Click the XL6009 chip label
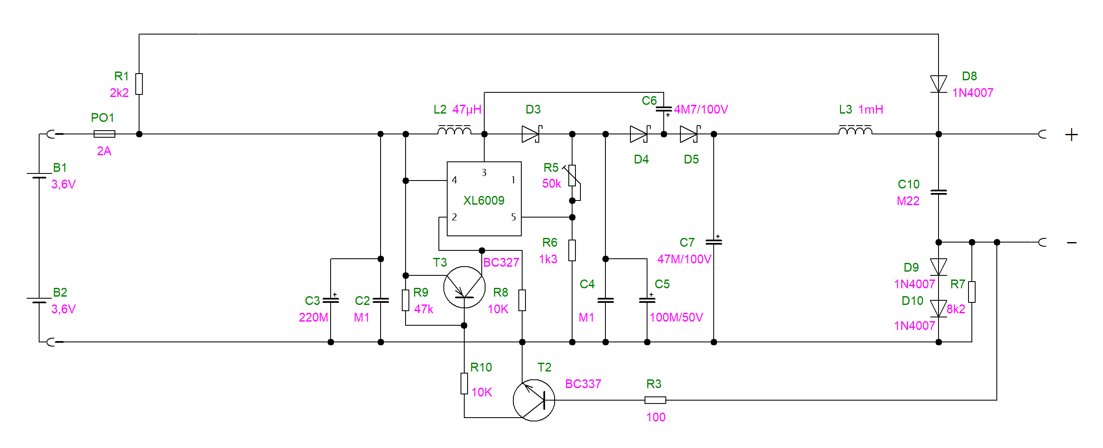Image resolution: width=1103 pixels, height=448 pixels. click(483, 200)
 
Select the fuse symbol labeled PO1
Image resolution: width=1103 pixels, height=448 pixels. click(104, 134)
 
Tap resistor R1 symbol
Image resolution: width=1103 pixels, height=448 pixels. click(139, 84)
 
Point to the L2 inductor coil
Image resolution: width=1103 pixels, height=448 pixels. click(454, 130)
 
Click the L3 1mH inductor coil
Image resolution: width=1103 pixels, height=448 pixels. click(855, 130)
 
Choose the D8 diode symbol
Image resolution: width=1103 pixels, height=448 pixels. click(938, 84)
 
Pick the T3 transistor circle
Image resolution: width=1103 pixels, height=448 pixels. click(464, 287)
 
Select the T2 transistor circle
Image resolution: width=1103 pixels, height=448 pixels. click(533, 400)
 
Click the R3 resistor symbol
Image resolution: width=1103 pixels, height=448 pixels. click(655, 400)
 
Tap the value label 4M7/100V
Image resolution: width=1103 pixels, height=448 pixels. click(701, 109)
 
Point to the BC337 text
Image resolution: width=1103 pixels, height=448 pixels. click(583, 384)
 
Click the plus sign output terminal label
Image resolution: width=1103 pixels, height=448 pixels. click(1071, 135)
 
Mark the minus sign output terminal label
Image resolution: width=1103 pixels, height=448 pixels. click(1071, 243)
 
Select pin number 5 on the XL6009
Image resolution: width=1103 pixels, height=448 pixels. click(513, 218)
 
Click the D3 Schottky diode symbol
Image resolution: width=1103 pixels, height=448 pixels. click(531, 134)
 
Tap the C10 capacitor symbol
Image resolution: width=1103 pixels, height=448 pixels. click(938, 192)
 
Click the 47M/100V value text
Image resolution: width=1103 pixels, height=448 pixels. click(684, 259)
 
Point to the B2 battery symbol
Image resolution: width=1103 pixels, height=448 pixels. click(39, 300)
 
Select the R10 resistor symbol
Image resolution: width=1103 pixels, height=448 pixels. click(464, 384)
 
